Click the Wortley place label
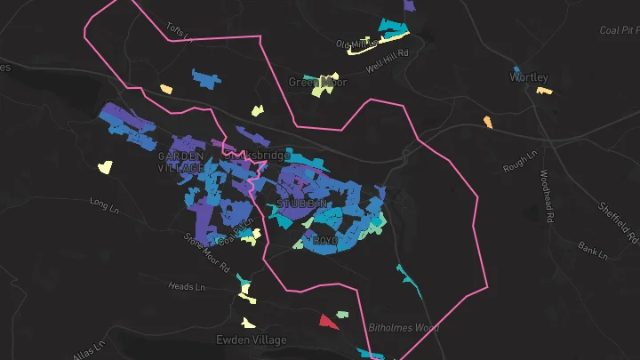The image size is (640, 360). (528, 77)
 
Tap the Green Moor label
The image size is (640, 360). (317, 82)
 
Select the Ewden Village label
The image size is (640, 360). (252, 340)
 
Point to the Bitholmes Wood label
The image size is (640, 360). (404, 327)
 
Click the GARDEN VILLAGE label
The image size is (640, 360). (181, 162)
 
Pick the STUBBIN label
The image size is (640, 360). (302, 204)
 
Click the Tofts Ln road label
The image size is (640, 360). (180, 33)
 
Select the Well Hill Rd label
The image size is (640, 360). (390, 54)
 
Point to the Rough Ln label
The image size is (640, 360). (521, 161)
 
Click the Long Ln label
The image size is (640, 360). (104, 205)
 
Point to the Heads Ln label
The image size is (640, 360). (188, 287)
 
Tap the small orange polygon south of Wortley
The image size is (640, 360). (487, 121)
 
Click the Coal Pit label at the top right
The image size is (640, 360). (620, 30)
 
